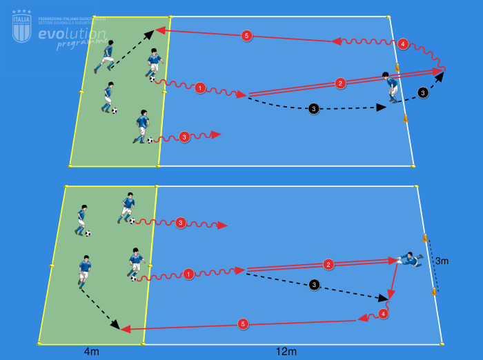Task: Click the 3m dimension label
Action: (x=442, y=261)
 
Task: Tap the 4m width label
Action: (x=91, y=352)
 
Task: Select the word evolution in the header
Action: (x=72, y=34)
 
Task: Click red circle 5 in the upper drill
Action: (x=246, y=35)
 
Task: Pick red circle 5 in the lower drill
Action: (x=242, y=323)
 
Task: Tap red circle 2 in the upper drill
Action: (x=340, y=83)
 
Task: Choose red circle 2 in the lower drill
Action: (x=328, y=264)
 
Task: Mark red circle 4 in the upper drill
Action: (x=403, y=43)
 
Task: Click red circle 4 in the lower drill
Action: (x=384, y=313)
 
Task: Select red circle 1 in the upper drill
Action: (x=199, y=88)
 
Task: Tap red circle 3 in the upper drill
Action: (x=184, y=137)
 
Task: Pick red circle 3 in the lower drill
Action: (x=180, y=223)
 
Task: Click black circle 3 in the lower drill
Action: (x=315, y=284)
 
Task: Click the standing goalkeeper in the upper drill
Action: (x=391, y=87)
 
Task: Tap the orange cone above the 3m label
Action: (x=425, y=238)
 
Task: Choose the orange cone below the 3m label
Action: (x=434, y=292)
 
